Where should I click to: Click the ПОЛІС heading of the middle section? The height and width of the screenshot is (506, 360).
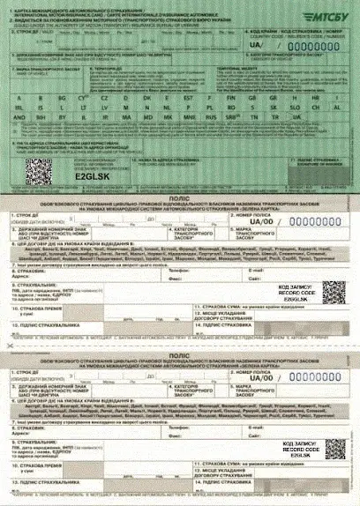point(179,199)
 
